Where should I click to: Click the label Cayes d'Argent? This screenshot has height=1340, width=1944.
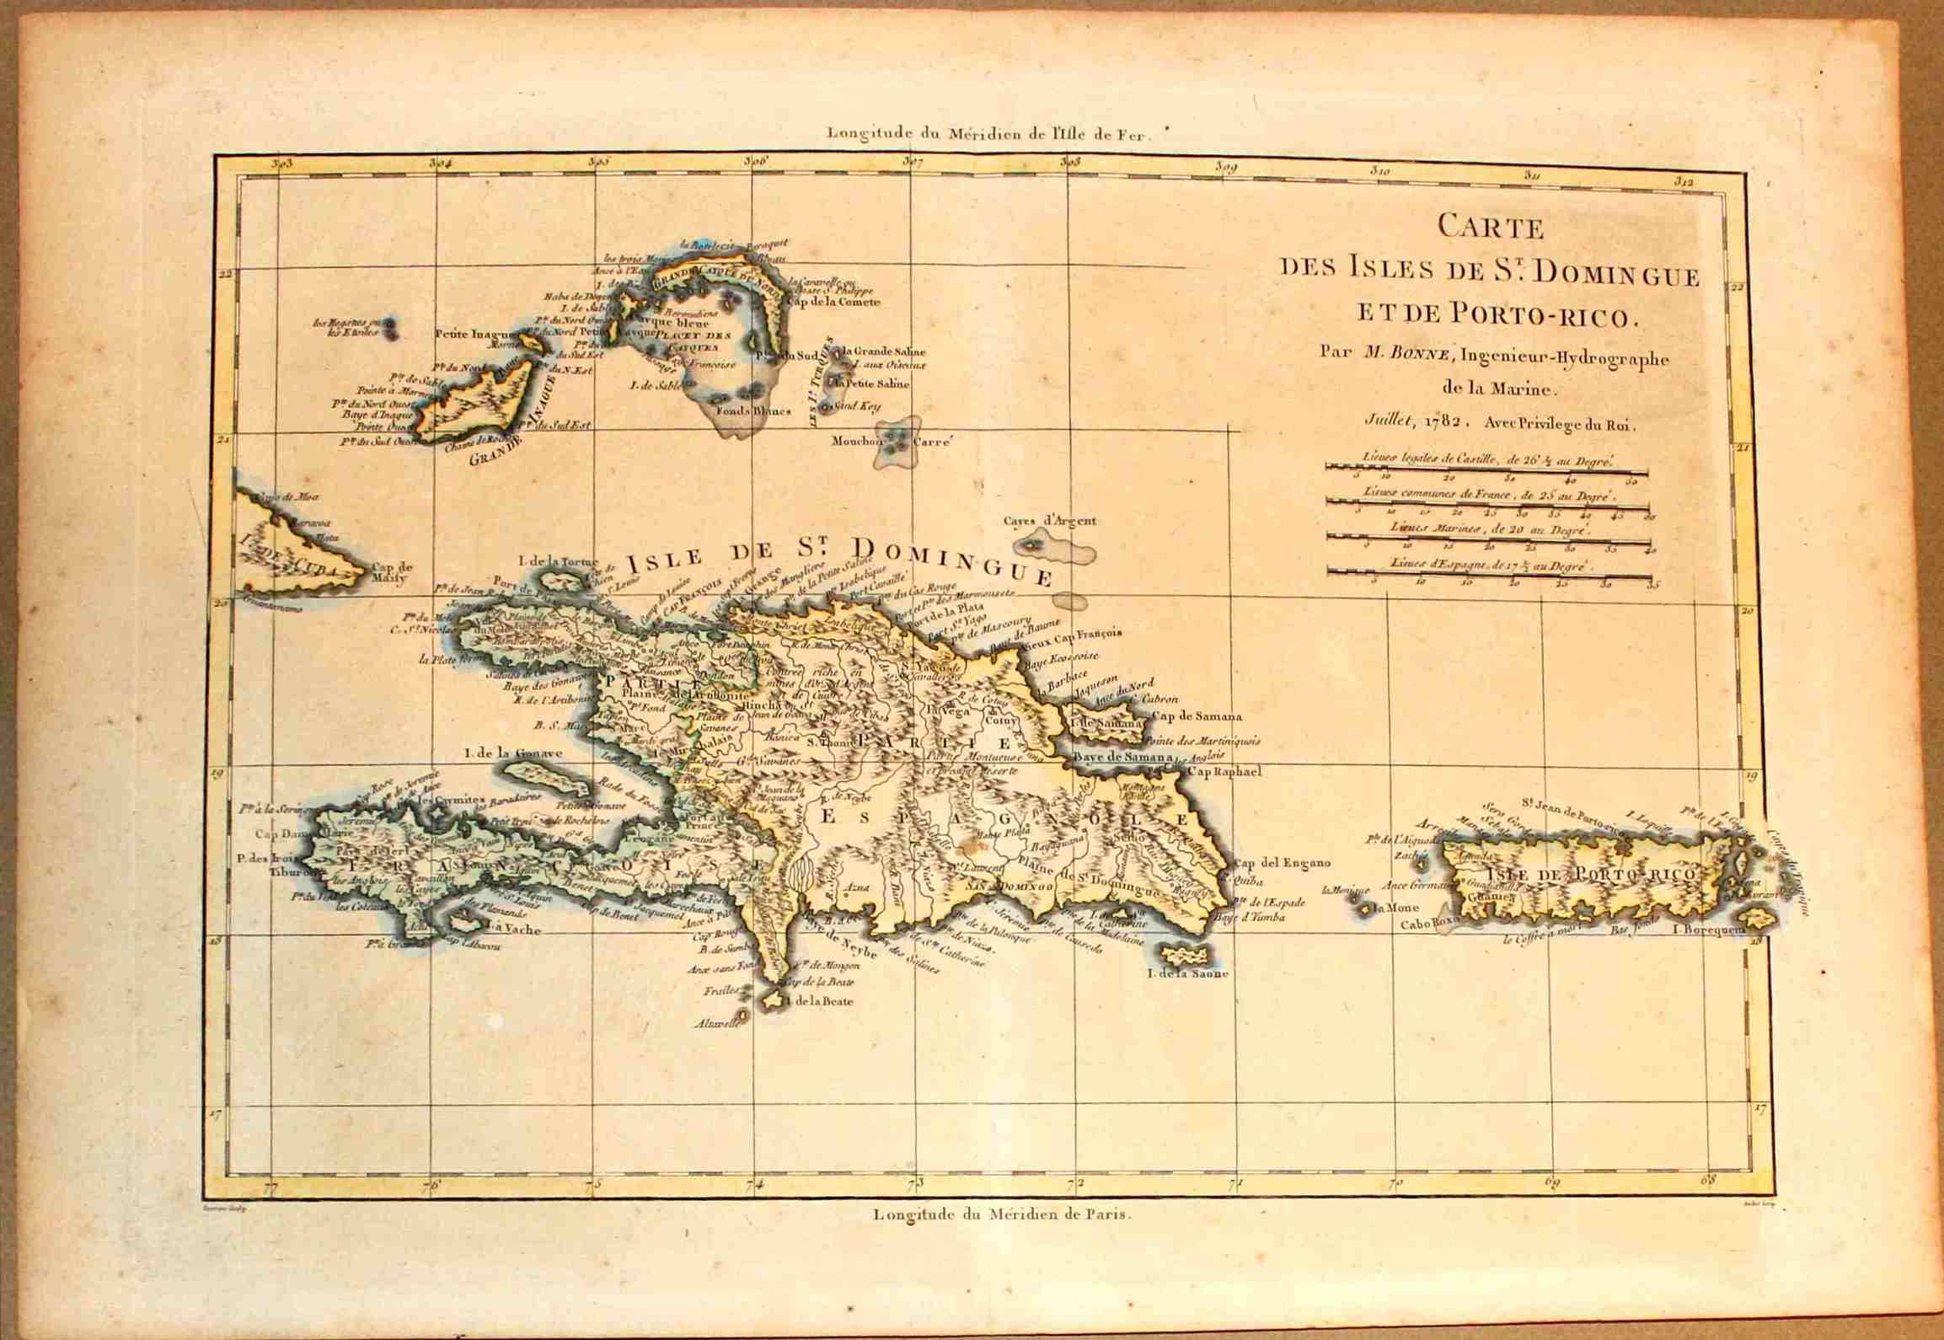(1050, 520)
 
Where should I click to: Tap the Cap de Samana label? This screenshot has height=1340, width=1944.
(1197, 717)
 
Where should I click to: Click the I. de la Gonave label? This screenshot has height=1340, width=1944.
(506, 754)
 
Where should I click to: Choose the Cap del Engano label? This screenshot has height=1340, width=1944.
(1282, 862)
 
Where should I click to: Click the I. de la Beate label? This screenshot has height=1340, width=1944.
(818, 1001)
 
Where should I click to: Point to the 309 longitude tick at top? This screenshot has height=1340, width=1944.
(1227, 168)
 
